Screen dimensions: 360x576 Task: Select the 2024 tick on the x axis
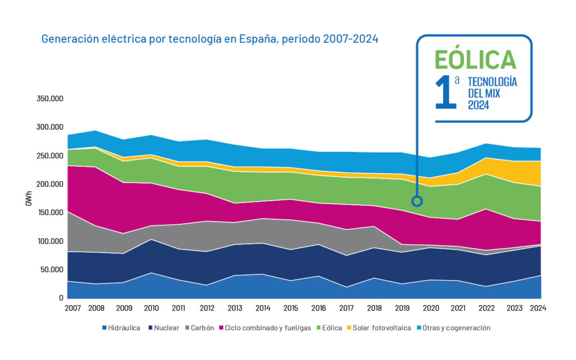(539, 308)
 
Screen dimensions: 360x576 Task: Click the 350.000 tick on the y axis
(49, 99)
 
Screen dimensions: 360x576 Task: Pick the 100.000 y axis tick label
(49, 241)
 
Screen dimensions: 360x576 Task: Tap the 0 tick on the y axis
(61, 298)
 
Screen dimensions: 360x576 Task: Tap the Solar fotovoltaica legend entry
(382, 328)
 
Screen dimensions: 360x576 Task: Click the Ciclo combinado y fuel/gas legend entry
(268, 328)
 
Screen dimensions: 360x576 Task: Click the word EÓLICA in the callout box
(475, 59)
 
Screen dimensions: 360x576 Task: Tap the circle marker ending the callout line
(417, 201)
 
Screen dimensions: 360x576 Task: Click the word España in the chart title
(257, 39)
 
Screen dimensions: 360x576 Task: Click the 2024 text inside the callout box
(479, 106)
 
